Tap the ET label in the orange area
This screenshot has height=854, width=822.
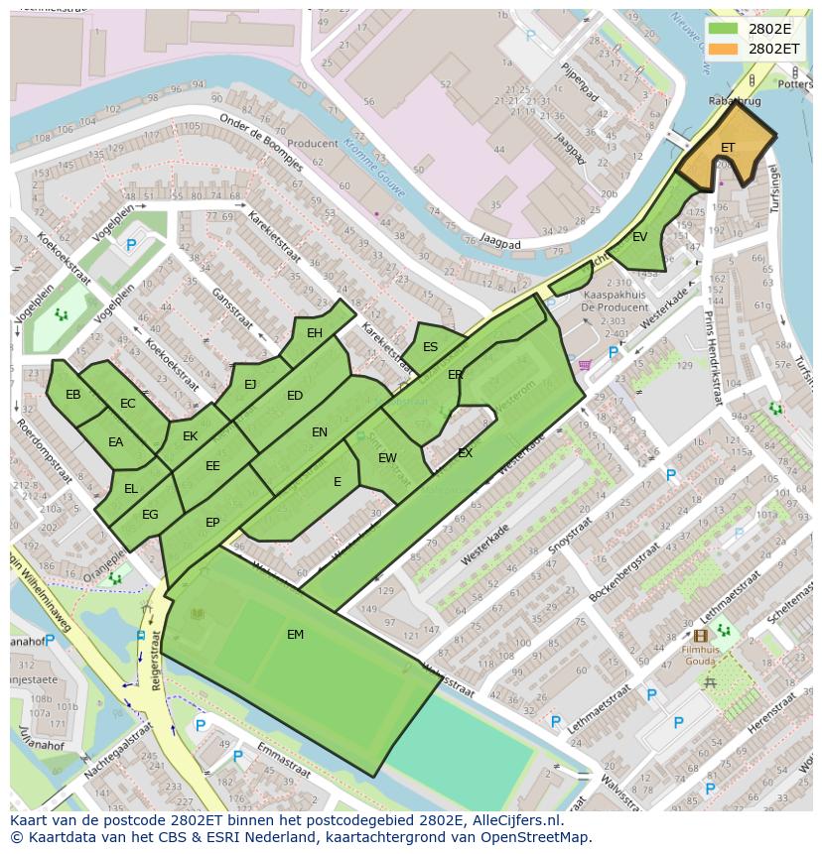click(x=728, y=148)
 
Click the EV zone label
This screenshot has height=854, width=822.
click(x=640, y=237)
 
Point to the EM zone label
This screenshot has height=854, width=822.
click(x=296, y=635)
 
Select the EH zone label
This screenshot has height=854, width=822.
click(x=315, y=333)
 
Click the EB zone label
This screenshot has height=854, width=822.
click(x=72, y=395)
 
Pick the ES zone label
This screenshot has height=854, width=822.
click(x=430, y=347)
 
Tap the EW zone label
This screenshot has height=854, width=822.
click(x=387, y=458)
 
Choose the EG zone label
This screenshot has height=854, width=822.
click(x=150, y=515)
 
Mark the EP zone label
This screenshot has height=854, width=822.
click(x=212, y=523)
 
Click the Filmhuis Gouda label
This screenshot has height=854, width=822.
click(x=701, y=656)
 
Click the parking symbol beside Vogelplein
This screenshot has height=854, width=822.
click(x=130, y=245)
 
